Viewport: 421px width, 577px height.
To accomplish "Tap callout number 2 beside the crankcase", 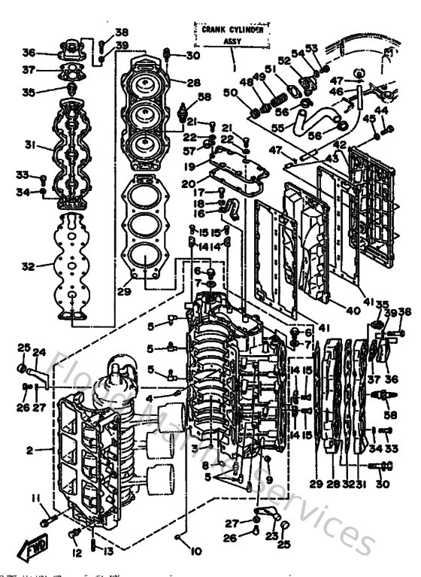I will pos(30,450).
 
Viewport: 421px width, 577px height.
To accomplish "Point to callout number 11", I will pos(35,498).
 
